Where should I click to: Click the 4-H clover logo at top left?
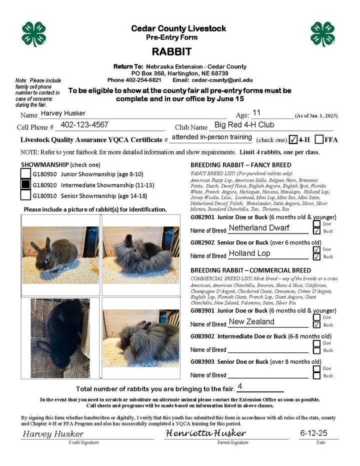34,34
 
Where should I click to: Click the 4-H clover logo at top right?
322,34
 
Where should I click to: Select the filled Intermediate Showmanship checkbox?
25,184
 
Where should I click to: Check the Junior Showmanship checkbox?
25,174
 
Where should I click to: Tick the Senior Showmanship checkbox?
25,195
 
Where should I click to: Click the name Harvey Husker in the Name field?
63,113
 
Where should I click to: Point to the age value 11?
257,112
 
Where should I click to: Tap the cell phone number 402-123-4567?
84,125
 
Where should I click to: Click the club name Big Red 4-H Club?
244,125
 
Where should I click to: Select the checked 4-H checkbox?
293,139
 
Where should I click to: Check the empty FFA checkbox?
318,139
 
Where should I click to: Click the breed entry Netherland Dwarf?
259,228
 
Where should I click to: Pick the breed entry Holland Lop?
249,253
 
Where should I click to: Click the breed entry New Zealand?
251,321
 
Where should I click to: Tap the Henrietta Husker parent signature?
206,432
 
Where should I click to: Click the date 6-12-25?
313,432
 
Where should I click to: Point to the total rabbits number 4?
240,386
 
